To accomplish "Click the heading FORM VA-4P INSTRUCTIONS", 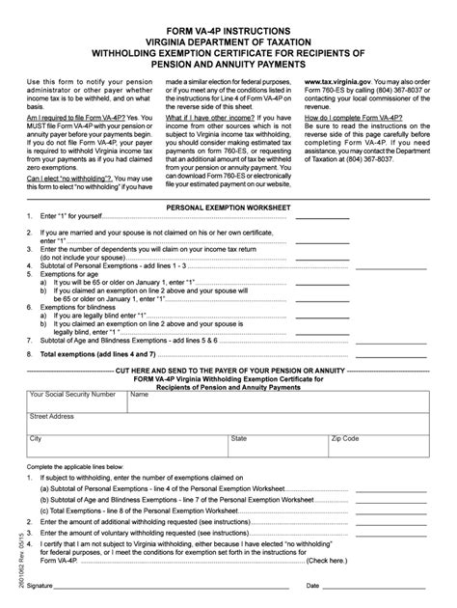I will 228,15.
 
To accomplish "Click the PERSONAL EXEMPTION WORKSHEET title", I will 228,207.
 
